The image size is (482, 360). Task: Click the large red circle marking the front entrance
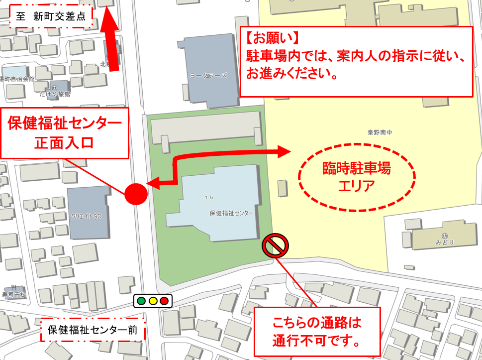(x=136, y=194)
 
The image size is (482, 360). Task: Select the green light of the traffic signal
(x=141, y=301)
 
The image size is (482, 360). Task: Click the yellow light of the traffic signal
(x=153, y=301)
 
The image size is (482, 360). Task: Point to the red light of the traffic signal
(x=164, y=301)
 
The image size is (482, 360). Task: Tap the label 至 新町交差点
(x=51, y=16)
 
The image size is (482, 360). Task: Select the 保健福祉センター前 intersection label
(x=93, y=330)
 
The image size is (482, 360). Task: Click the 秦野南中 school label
(x=380, y=133)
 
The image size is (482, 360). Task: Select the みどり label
(x=445, y=242)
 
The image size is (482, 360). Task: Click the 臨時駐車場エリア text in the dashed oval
(x=356, y=177)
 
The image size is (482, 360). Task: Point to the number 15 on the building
(x=209, y=198)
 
